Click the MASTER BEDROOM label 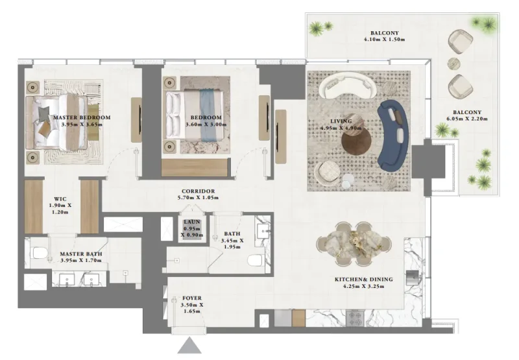click(x=82, y=117)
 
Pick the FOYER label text click(x=191, y=298)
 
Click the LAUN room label click(x=192, y=222)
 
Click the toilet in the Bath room click(x=255, y=261)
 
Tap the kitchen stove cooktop click(x=356, y=318)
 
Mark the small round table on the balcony click(x=454, y=64)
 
